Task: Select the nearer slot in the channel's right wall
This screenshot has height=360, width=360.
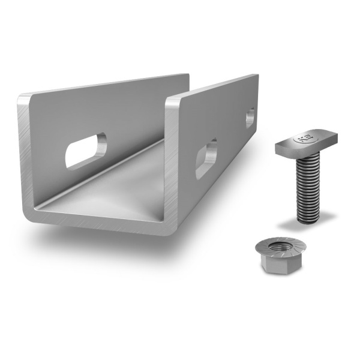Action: point(206,158)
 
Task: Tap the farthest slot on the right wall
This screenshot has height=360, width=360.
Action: point(250,118)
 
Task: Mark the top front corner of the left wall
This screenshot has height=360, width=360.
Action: point(22,98)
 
